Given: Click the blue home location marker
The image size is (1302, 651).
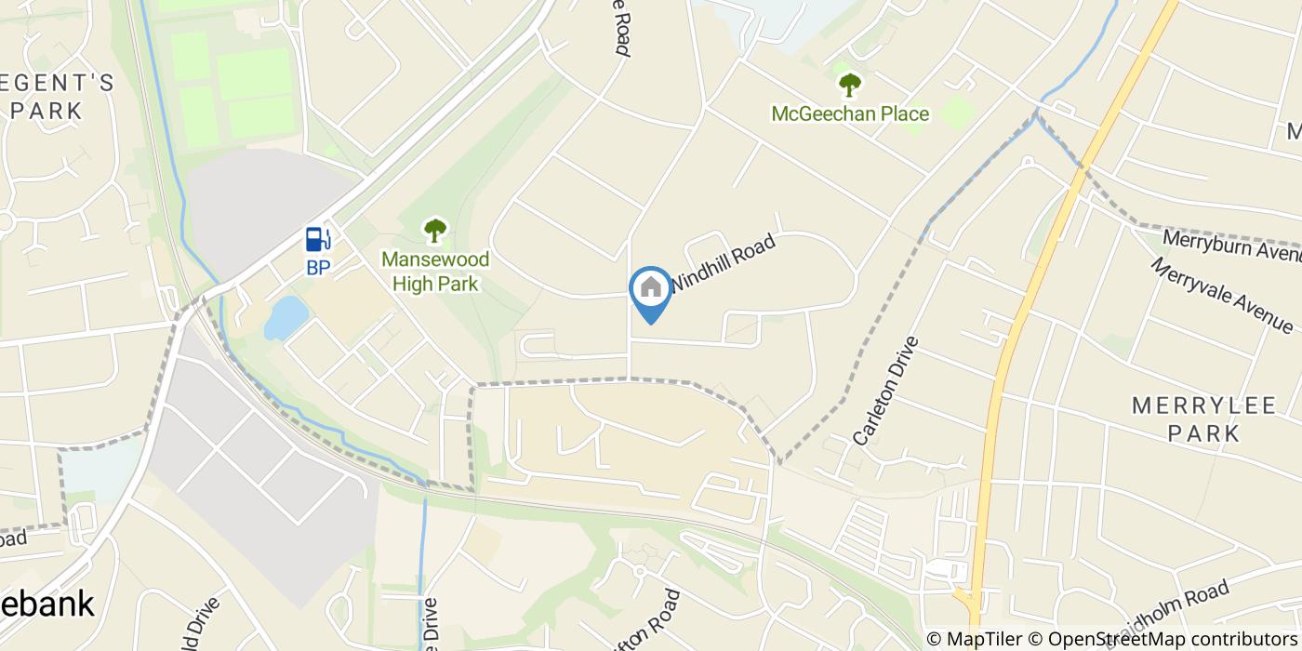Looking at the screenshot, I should tap(651, 291).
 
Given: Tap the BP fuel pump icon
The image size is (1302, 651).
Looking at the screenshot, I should tap(318, 239).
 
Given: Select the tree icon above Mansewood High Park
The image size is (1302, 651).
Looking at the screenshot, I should tap(434, 230).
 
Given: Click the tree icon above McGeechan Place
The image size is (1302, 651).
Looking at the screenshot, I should tap(849, 86).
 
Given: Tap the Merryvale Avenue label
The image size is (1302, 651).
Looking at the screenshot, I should tap(1221, 296).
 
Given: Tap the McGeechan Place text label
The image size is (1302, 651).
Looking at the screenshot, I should tap(850, 114).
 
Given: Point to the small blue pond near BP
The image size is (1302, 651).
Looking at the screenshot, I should tap(286, 317).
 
